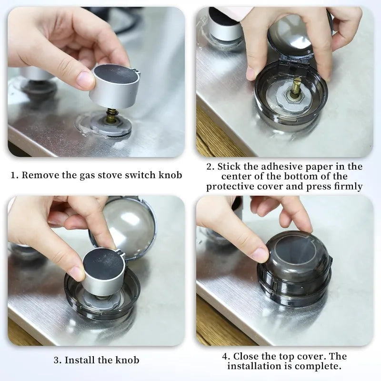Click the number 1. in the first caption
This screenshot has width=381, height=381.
click(15, 175)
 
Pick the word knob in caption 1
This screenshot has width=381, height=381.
click(170, 175)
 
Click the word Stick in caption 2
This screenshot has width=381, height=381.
click(232, 167)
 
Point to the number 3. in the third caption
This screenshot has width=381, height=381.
click(57, 360)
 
